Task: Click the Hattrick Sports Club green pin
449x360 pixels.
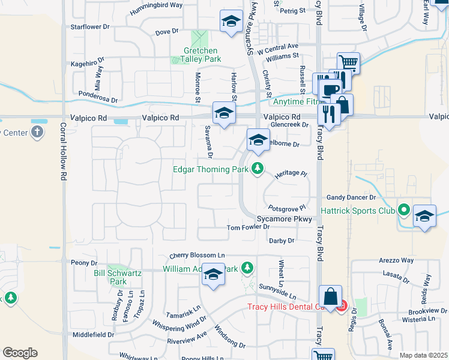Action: [404, 211]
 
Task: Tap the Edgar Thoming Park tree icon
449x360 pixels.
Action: [258, 169]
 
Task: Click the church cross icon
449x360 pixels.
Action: [37, 131]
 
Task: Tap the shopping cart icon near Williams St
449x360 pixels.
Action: [348, 62]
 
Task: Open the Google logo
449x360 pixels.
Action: [20, 353]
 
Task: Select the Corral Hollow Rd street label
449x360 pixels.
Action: [62, 153]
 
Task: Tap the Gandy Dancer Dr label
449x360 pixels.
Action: [351, 197]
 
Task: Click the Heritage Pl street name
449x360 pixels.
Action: [291, 174]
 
